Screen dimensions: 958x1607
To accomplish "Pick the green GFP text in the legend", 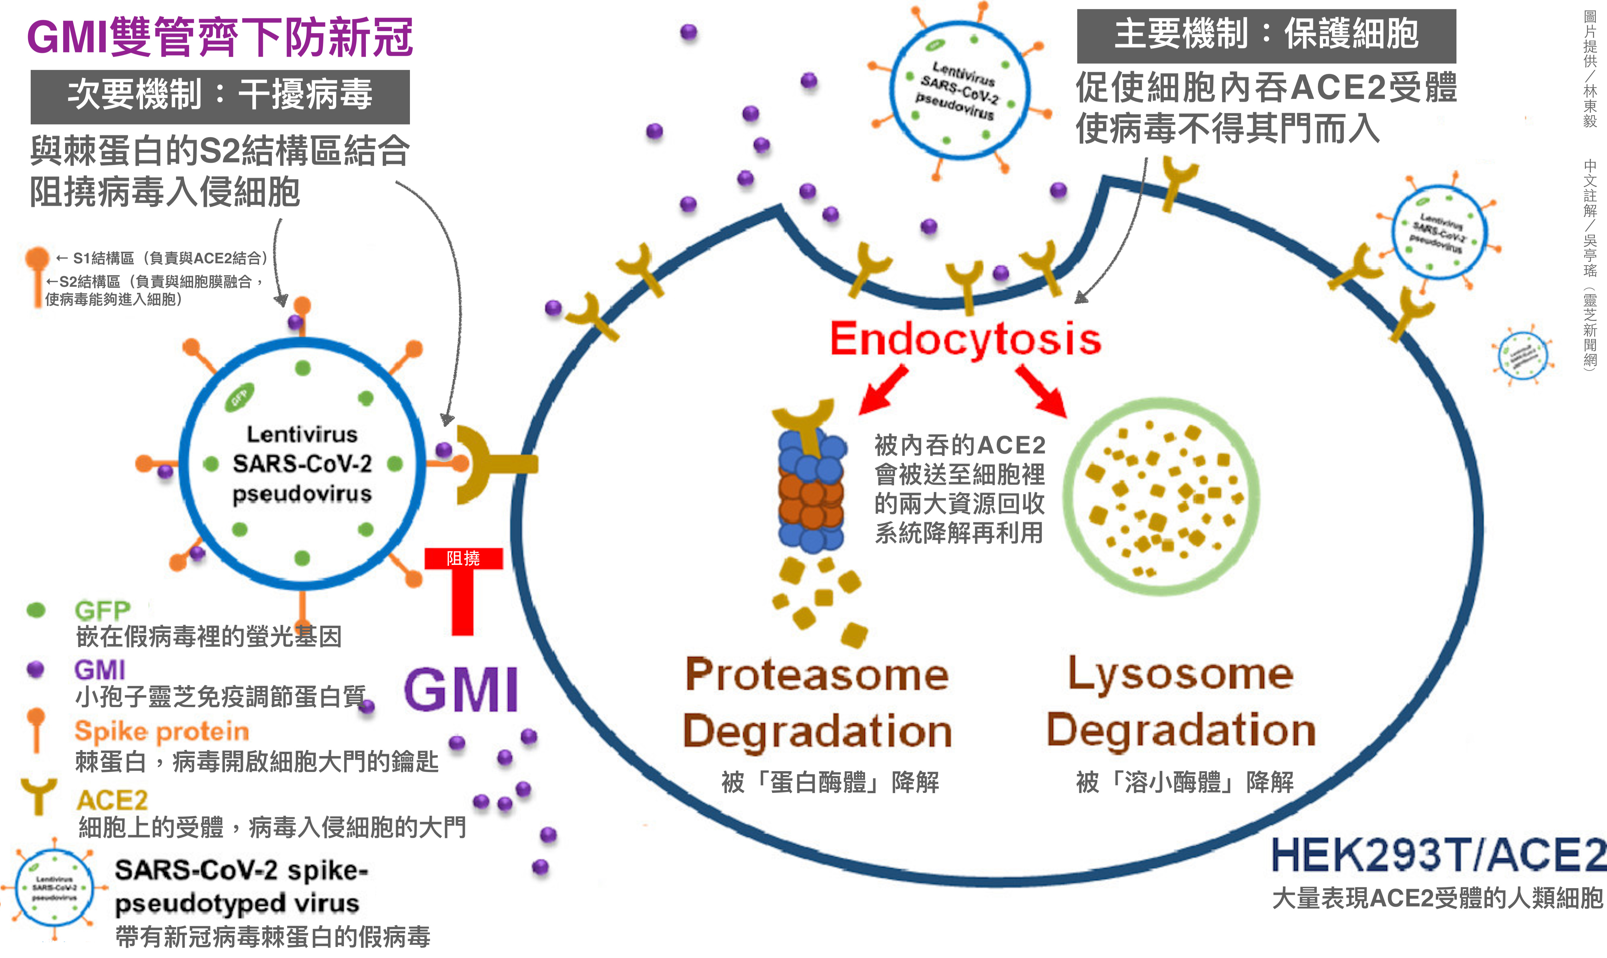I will [x=102, y=610].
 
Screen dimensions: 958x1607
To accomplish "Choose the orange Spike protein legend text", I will [x=161, y=731].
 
